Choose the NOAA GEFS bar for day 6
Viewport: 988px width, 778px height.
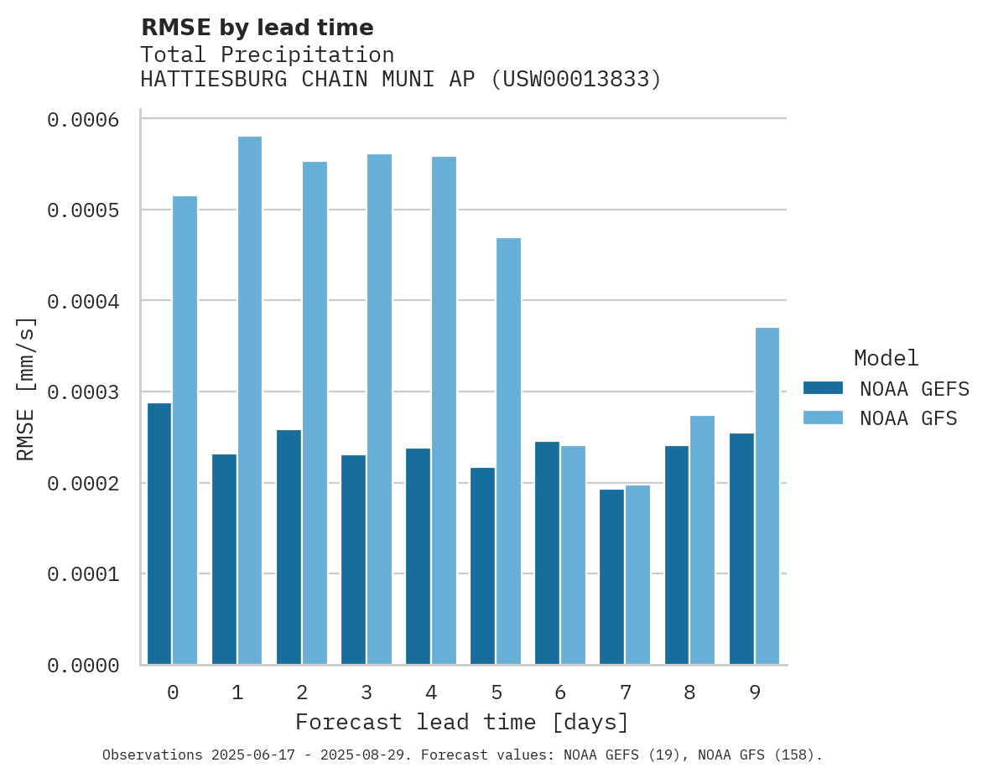tap(547, 553)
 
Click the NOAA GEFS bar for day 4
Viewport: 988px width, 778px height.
tap(418, 557)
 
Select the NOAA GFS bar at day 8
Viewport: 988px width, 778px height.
tap(703, 540)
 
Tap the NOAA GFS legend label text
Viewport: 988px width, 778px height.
tap(907, 418)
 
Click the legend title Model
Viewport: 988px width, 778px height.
tap(886, 358)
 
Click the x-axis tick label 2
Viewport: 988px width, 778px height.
tap(302, 692)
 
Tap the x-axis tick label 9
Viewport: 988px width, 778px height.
tap(755, 692)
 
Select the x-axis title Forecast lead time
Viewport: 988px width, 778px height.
tap(462, 722)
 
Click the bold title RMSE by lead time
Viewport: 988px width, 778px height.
tap(257, 28)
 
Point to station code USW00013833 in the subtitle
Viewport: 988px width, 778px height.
tap(575, 80)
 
